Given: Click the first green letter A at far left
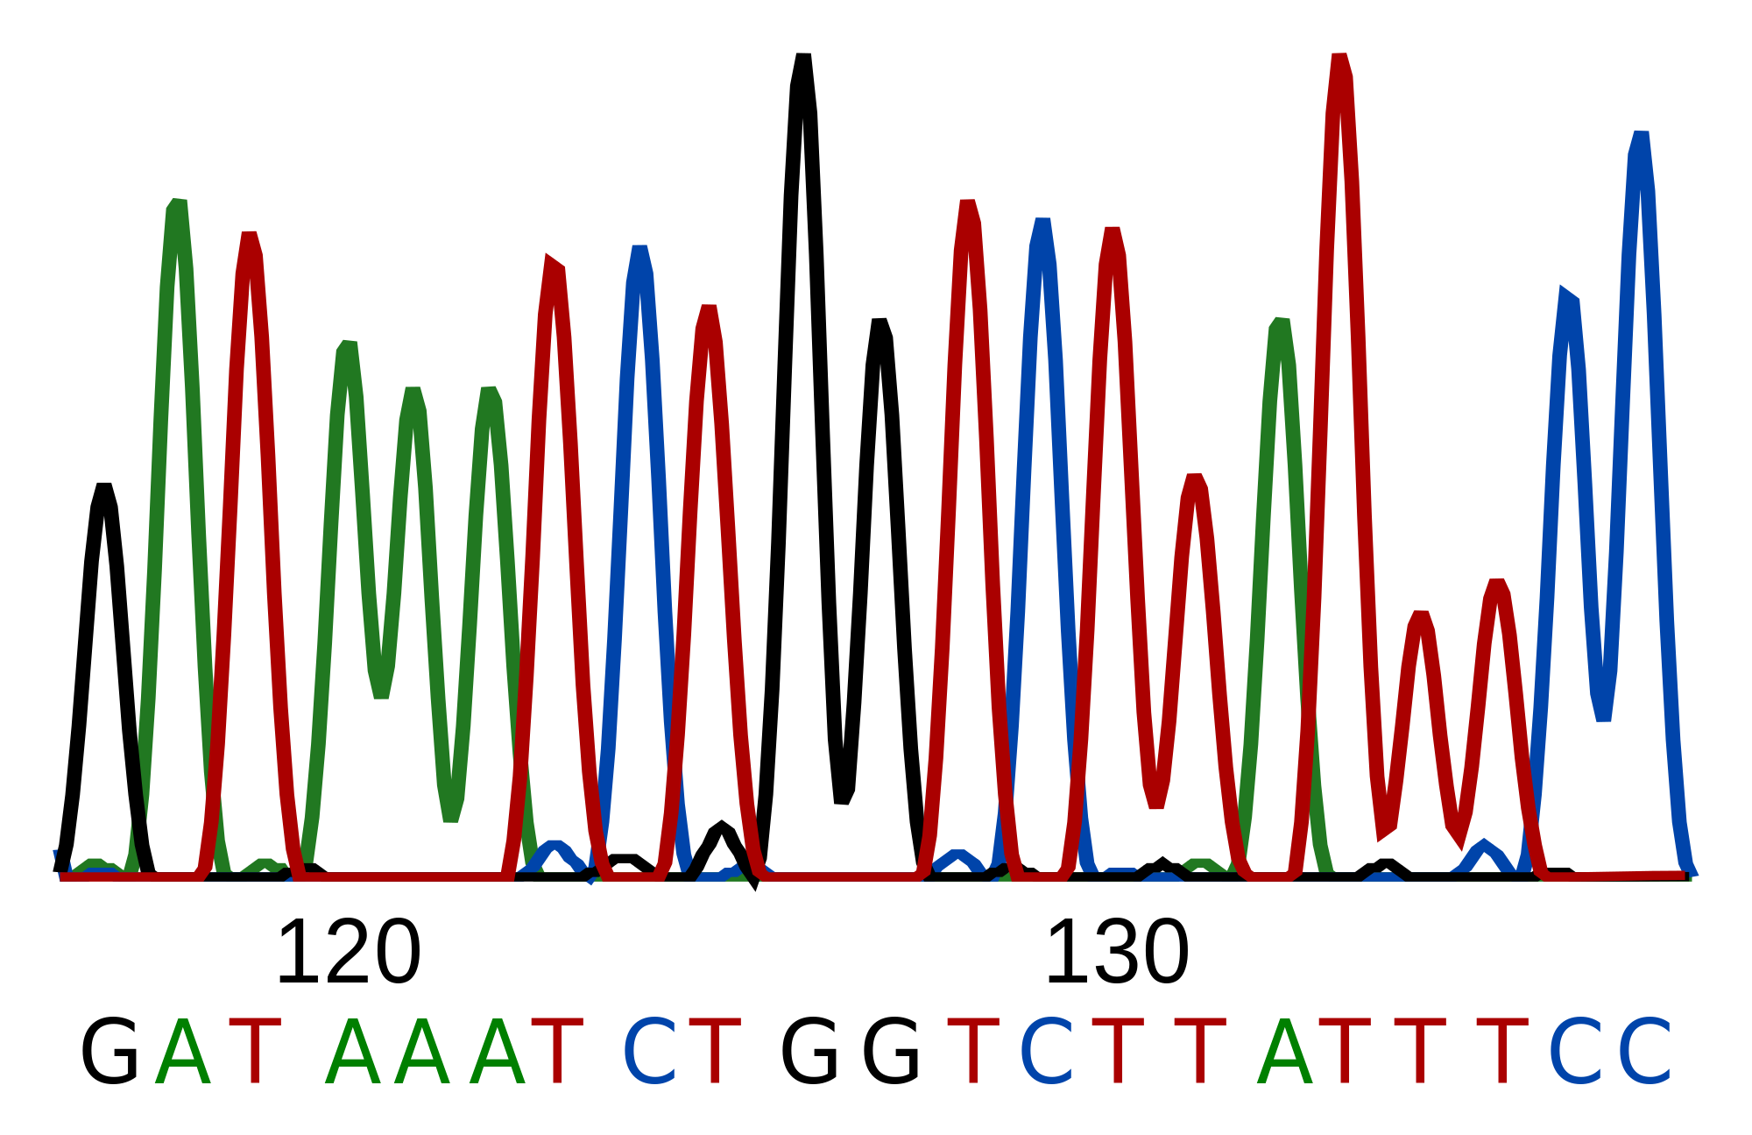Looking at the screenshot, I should [182, 1052].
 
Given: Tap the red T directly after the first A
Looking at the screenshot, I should [254, 1052].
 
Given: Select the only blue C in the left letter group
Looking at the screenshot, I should [650, 1052].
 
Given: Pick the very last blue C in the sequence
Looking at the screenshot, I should [1644, 1052].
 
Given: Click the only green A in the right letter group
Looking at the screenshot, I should [1285, 1052].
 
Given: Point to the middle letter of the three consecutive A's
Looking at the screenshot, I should [421, 1052].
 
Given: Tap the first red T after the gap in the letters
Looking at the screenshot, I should [972, 1052].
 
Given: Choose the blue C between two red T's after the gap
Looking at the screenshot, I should [1046, 1052].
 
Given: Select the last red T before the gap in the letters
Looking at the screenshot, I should [714, 1052].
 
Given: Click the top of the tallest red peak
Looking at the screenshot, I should [1339, 58].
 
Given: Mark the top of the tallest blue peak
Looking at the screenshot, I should [1640, 136].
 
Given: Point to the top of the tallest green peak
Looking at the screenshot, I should [177, 203].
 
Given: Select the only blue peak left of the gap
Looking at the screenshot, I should [639, 250].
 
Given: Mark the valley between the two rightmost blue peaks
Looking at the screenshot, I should [1603, 714].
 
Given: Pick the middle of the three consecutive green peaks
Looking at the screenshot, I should [413, 392].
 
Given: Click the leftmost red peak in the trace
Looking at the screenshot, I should [251, 236].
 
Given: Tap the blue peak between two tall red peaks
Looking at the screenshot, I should [1042, 223].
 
